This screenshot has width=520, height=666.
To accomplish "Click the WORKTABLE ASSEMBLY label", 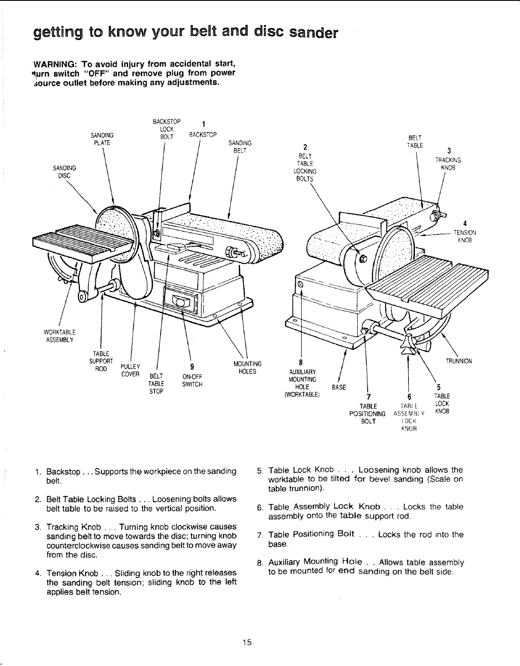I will click(59, 336).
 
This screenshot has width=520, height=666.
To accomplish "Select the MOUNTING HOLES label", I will click(247, 367).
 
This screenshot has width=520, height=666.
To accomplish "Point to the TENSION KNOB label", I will click(465, 236).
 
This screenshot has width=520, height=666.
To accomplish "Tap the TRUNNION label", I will click(459, 361).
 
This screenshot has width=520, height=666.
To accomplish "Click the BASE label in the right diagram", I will click(339, 387).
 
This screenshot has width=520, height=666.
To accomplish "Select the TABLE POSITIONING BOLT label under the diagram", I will click(367, 413).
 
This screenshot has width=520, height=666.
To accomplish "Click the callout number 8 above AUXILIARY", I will click(301, 363).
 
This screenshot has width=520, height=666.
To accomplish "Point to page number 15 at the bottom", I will click(248, 642).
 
